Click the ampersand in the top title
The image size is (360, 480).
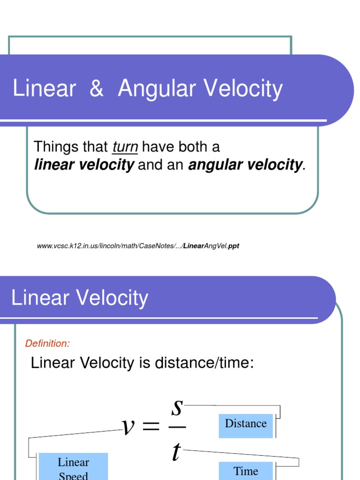[x=96, y=89]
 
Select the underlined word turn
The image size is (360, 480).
[x=125, y=147]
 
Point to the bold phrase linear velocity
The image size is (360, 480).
[x=84, y=165]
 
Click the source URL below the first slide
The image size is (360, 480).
[x=138, y=246]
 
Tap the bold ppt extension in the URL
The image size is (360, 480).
[x=233, y=246]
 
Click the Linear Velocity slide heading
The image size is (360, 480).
[x=80, y=298]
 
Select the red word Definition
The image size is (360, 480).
[x=47, y=343]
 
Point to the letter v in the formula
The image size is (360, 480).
[x=127, y=427]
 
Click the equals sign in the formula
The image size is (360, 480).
[x=151, y=427]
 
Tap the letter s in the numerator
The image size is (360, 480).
[x=177, y=408]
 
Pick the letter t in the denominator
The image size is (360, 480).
[x=176, y=451]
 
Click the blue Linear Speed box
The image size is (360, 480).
[x=73, y=467]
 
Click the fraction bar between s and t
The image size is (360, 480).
[x=177, y=427]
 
